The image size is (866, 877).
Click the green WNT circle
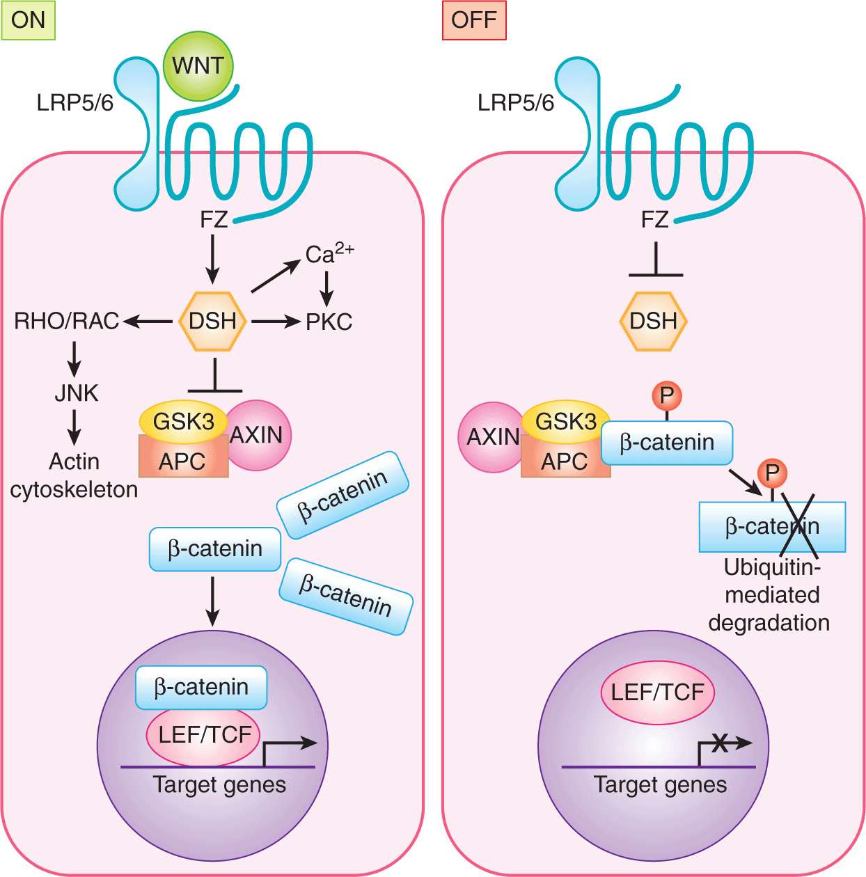pos(198,66)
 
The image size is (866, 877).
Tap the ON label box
pos(28,20)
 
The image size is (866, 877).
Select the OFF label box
pos(473,20)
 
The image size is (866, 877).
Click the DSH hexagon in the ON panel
pos(212,321)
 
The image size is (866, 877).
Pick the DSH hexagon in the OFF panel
pos(653,321)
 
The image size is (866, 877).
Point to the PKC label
pos(329,322)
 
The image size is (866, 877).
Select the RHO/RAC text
pos(67,321)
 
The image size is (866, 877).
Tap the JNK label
pos(76,393)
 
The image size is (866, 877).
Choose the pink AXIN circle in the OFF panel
pos(490,437)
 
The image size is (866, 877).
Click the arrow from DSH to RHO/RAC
pos(147,321)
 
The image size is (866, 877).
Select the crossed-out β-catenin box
pos(772,527)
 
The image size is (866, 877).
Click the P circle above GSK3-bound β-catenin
pos(666,396)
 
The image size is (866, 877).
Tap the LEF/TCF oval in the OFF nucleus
pos(657,693)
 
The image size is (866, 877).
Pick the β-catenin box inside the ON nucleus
pos(201,687)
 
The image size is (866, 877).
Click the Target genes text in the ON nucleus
pos(219,785)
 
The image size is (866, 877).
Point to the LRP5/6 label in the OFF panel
pos(516,103)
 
